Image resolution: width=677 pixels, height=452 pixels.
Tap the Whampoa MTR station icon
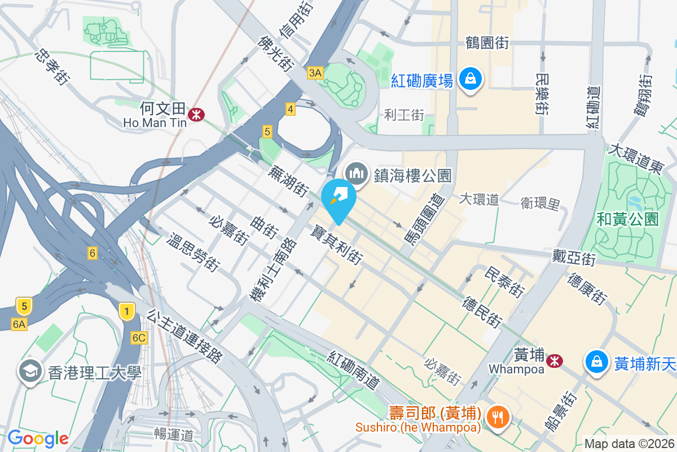555,360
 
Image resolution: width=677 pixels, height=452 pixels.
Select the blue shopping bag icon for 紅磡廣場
469,80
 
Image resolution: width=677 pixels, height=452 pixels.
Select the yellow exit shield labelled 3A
315,72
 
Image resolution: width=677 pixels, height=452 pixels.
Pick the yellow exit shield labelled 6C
139,338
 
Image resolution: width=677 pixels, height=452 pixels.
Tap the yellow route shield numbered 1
127,311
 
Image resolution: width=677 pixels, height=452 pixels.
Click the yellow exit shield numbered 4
290,109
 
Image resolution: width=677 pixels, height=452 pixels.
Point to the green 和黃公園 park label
628,218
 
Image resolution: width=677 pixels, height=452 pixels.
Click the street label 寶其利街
337,245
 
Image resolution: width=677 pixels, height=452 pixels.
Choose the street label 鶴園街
487,42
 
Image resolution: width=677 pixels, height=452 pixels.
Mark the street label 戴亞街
574,259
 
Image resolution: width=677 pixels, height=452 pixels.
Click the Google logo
38,438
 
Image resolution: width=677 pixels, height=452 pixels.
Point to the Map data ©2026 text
629,444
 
